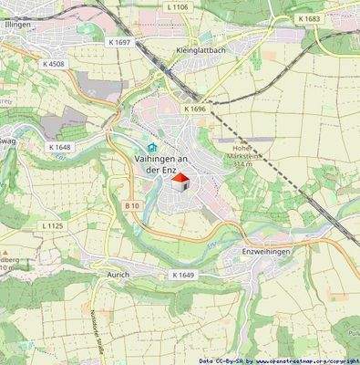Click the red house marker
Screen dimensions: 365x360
pyautogui.click(x=180, y=182)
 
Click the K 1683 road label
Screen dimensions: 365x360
pyautogui.click(x=310, y=18)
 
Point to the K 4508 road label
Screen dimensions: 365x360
pyautogui.click(x=55, y=63)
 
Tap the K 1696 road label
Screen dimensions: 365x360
pyautogui.click(x=196, y=109)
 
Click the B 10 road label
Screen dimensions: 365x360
pyautogui.click(x=132, y=207)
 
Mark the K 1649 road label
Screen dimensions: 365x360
pyautogui.click(x=183, y=275)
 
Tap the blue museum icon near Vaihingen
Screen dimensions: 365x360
pyautogui.click(x=151, y=148)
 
